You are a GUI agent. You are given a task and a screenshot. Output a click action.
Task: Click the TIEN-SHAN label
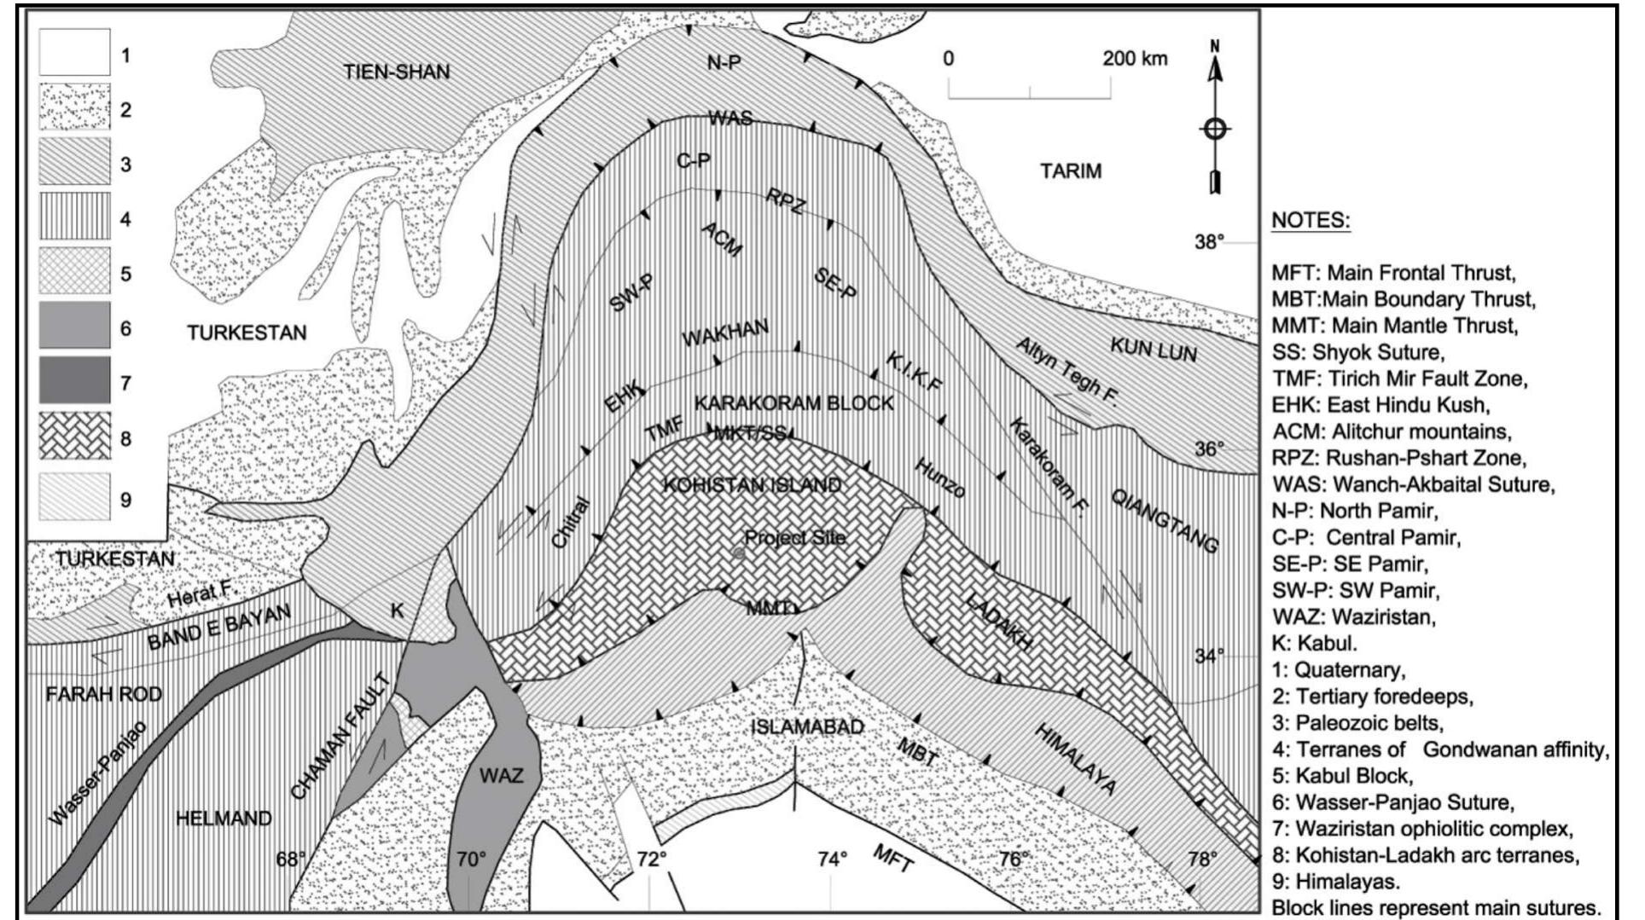tap(397, 72)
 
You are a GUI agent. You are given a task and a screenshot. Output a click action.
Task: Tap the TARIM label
tap(1071, 171)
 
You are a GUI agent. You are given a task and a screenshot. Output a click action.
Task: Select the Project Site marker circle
tap(739, 553)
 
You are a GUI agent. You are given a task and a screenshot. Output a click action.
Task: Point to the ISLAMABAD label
tap(807, 727)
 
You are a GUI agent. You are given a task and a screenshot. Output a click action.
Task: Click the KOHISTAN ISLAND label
tap(752, 485)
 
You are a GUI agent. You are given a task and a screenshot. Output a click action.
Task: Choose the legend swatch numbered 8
tap(74, 436)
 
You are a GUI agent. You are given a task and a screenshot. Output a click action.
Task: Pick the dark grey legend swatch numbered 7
tap(74, 380)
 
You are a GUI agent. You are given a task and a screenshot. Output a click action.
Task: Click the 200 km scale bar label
tap(1134, 58)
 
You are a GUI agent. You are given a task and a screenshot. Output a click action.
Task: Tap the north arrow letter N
tap(1215, 45)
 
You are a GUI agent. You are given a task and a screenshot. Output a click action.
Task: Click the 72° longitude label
tap(651, 859)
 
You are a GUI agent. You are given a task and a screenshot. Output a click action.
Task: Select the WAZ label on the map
tap(501, 775)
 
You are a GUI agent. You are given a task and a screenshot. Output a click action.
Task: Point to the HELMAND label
tap(224, 819)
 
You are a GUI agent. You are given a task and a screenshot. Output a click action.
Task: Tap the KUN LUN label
tap(1154, 349)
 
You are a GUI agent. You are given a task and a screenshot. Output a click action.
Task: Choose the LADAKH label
tap(999, 620)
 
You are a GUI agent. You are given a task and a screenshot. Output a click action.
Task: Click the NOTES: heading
tap(1311, 220)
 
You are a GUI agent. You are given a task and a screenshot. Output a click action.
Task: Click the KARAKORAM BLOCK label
tap(793, 402)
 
